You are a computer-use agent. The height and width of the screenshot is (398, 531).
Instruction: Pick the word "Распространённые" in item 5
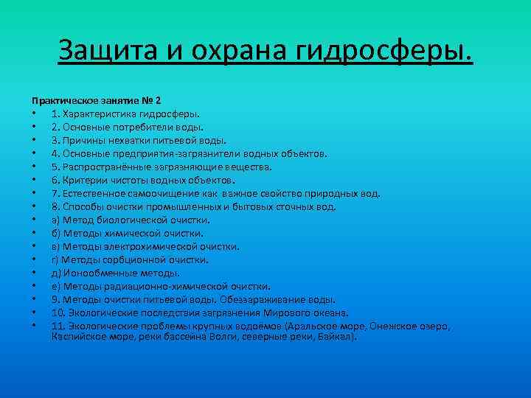108,167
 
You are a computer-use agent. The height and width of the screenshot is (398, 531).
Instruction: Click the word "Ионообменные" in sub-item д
93,273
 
